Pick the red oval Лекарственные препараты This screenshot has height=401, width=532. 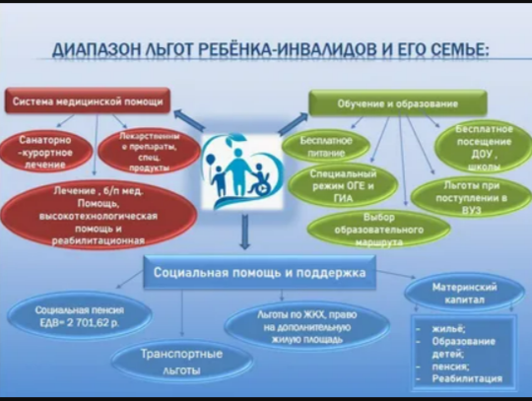pyautogui.click(x=137, y=151)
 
